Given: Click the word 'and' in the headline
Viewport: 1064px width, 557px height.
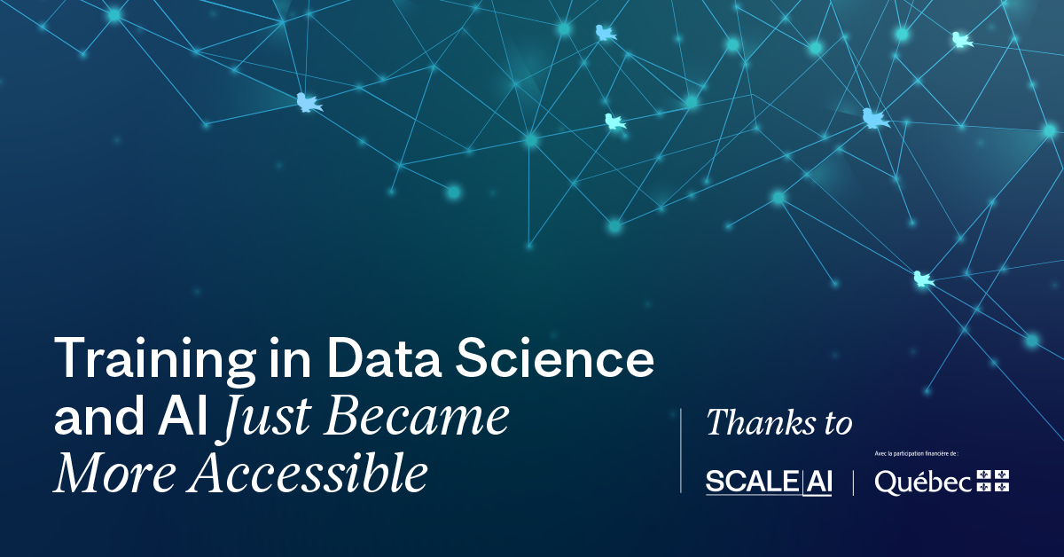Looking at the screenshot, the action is (98, 415).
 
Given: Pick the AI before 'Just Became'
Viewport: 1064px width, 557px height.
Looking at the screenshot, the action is (184, 415).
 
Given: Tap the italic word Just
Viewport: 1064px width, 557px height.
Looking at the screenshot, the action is (267, 419).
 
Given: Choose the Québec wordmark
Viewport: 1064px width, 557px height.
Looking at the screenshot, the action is (923, 482).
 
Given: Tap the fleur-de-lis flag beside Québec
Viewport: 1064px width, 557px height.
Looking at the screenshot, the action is (993, 481).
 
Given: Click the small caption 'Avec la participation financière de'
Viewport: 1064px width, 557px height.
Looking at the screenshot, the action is (916, 454).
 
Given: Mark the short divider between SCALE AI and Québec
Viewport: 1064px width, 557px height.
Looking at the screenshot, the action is (854, 482).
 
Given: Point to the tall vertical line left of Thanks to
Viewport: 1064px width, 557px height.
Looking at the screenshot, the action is (681, 451).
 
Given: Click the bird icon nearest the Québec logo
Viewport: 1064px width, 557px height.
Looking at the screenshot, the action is (923, 279).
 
